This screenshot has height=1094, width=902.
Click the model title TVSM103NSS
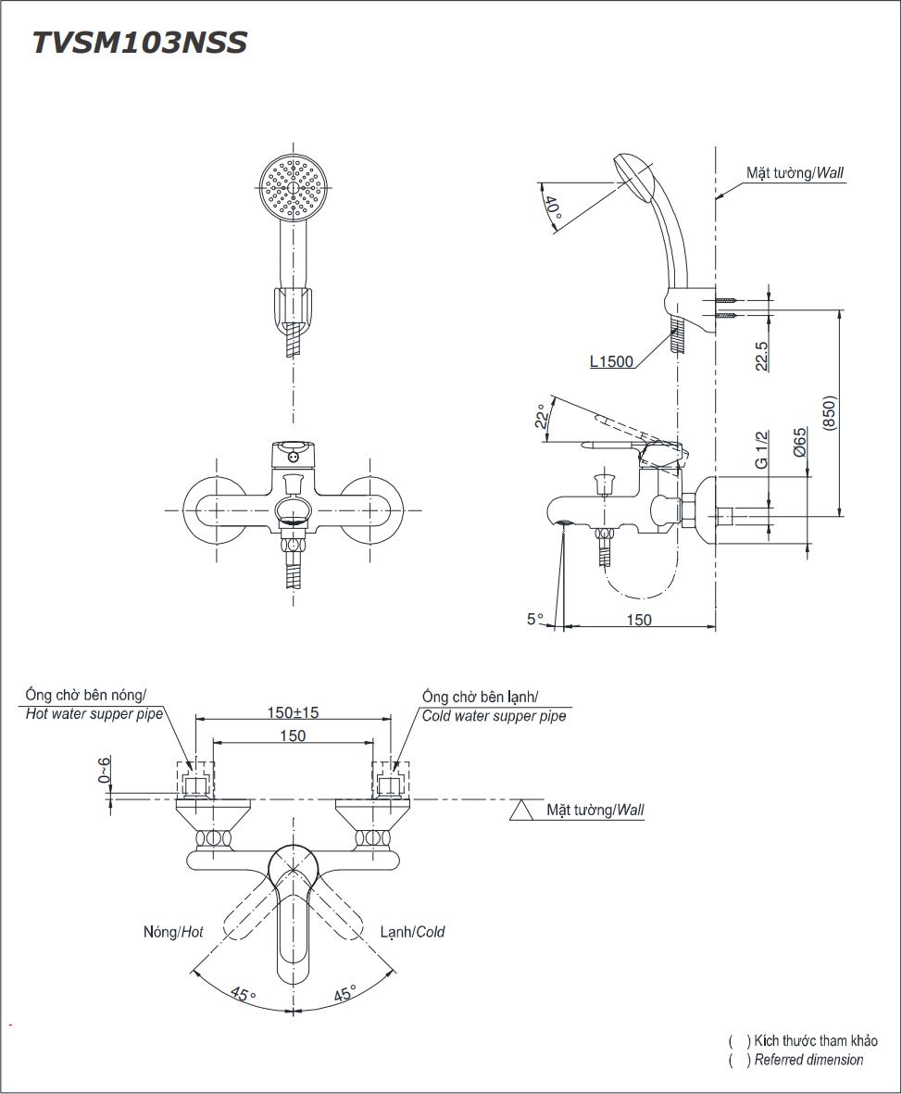pyautogui.click(x=140, y=43)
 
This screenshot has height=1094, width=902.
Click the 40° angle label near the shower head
pyautogui.click(x=553, y=212)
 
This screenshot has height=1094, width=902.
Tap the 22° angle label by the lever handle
pyautogui.click(x=541, y=419)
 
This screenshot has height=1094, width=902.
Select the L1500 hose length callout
pyautogui.click(x=611, y=361)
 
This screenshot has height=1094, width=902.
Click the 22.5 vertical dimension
pyautogui.click(x=761, y=356)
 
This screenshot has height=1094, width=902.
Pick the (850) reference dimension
pyautogui.click(x=829, y=410)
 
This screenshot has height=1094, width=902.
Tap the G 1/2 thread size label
pyautogui.click(x=761, y=449)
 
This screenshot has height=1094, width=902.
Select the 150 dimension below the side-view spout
pyautogui.click(x=639, y=620)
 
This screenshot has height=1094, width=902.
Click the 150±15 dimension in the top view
pyautogui.click(x=293, y=712)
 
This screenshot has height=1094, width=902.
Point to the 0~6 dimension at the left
pyautogui.click(x=105, y=771)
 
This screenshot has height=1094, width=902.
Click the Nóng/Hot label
pyautogui.click(x=173, y=932)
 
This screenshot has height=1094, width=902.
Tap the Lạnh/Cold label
pyautogui.click(x=412, y=932)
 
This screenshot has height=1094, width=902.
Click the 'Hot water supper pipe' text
pyautogui.click(x=94, y=714)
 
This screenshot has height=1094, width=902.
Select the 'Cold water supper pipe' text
pyautogui.click(x=494, y=716)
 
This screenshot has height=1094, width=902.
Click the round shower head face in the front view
pyautogui.click(x=294, y=187)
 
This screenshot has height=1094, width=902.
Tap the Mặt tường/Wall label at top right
pyautogui.click(x=795, y=172)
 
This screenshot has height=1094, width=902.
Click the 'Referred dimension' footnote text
pyautogui.click(x=808, y=1060)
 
